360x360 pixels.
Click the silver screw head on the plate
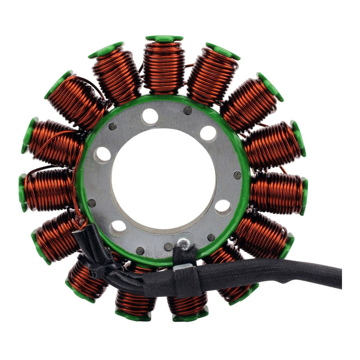(x=182, y=243)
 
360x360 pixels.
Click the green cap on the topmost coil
(x=164, y=39)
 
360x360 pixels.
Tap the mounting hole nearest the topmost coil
(x=150, y=116)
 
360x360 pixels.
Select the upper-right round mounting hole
(x=208, y=134)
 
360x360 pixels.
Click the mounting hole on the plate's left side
(x=103, y=155)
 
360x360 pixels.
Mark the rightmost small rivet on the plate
(x=237, y=175)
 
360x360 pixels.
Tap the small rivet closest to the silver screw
(x=168, y=246)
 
